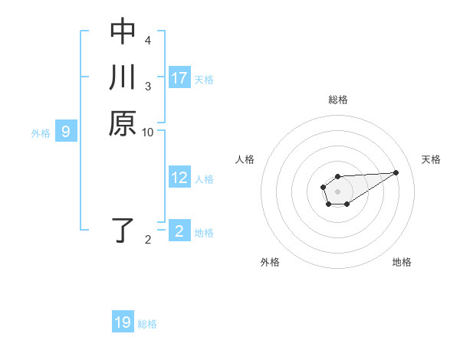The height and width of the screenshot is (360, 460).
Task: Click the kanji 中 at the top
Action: pos(123,32)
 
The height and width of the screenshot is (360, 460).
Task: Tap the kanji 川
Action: pos(123,77)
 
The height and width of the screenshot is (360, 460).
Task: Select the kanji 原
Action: pos(123,123)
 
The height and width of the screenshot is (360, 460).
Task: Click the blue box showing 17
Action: pos(179,78)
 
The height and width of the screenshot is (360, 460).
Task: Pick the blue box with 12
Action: pos(179,178)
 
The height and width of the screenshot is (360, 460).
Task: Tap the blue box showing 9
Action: pos(66,132)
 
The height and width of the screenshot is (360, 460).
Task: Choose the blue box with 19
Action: pos(123,322)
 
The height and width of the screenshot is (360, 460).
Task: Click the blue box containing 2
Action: pos(179,231)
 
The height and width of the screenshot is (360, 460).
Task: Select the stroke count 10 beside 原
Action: pos(148,133)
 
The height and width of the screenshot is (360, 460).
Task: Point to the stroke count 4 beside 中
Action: pos(148,40)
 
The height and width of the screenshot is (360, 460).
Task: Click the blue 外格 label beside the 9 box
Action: pos(41,133)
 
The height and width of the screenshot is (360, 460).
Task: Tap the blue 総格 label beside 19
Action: pos(147,324)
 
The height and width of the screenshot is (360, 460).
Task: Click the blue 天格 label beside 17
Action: pos(204,80)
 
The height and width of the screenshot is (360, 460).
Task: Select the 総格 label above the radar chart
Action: pos(338,100)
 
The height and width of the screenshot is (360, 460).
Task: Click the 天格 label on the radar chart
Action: pos(431,159)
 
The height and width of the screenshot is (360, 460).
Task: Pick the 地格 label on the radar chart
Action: pos(402,262)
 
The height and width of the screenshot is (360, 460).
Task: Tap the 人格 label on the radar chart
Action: pos(245,159)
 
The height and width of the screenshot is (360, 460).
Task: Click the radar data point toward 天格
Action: pos(396,172)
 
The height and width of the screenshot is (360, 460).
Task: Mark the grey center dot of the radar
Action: pos(337,191)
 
